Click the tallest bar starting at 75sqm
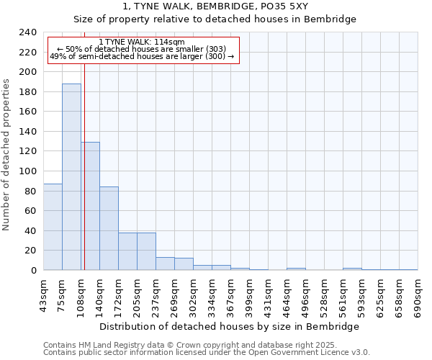click(x=71, y=176)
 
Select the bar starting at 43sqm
click(x=53, y=227)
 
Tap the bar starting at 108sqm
click(x=91, y=206)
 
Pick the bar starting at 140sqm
click(x=109, y=228)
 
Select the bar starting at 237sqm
click(x=165, y=264)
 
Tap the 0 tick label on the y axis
click(x=34, y=271)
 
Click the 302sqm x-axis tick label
click(x=193, y=295)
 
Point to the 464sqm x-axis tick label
click(x=287, y=295)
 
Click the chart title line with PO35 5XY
click(x=215, y=6)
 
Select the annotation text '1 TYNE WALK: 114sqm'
click(x=142, y=42)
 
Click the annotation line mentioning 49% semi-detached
click(x=142, y=57)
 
